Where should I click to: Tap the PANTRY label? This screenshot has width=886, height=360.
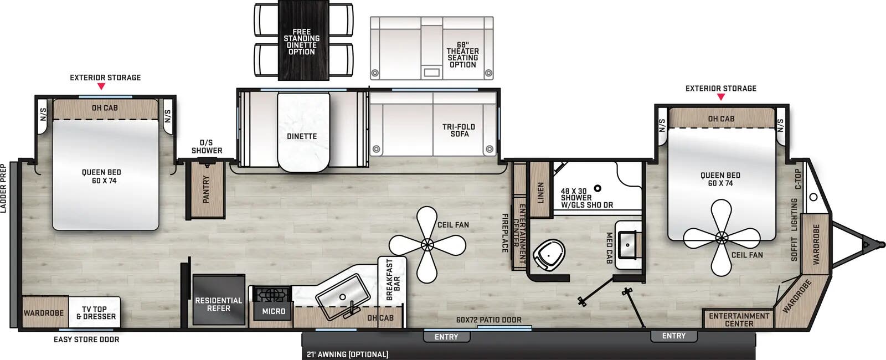click(206, 189)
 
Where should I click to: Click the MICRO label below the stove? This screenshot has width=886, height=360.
click(274, 311)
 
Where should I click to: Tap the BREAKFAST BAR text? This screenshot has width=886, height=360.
click(393, 280)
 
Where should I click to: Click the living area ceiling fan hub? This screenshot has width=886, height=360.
click(426, 244)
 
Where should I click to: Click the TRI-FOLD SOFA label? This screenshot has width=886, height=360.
click(459, 130)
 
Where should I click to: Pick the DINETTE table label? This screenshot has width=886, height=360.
click(302, 136)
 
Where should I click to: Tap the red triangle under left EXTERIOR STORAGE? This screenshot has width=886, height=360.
click(101, 86)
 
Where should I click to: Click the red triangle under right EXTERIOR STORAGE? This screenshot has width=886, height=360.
click(720, 97)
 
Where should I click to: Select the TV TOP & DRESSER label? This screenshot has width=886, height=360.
click(96, 313)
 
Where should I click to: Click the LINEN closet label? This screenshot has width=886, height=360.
click(541, 192)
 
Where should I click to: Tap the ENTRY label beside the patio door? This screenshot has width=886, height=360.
click(446, 337)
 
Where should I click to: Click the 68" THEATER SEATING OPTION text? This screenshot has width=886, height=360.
click(462, 55)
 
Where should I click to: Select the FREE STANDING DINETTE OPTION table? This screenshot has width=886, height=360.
click(301, 42)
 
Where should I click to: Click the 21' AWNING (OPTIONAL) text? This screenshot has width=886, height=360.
click(347, 354)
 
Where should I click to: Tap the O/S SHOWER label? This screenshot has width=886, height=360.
click(207, 146)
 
